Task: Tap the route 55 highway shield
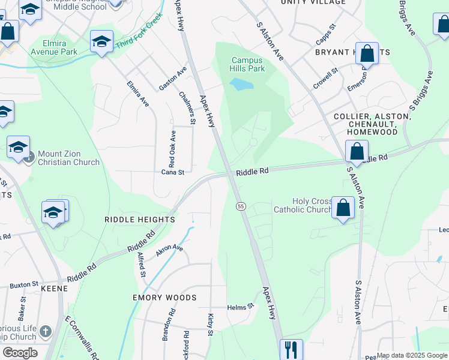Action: pyautogui.click(x=240, y=206)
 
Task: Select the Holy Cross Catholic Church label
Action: pyautogui.click(x=303, y=205)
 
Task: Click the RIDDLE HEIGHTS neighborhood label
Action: pyautogui.click(x=139, y=220)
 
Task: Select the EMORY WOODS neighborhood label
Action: pyautogui.click(x=164, y=298)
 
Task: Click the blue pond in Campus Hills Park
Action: pyautogui.click(x=241, y=84)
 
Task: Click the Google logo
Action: pyautogui.click(x=20, y=352)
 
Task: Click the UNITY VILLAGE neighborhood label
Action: pyautogui.click(x=313, y=2)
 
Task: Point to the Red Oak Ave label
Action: pyautogui.click(x=172, y=149)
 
